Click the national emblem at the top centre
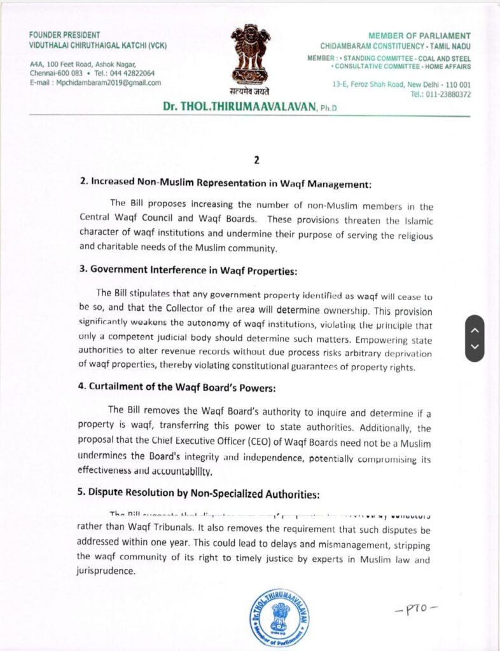tap(250, 55)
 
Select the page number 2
tap(256, 160)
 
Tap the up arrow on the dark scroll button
tap(475, 330)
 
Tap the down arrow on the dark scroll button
tap(475, 346)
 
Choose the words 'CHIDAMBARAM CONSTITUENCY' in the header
tap(370, 47)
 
